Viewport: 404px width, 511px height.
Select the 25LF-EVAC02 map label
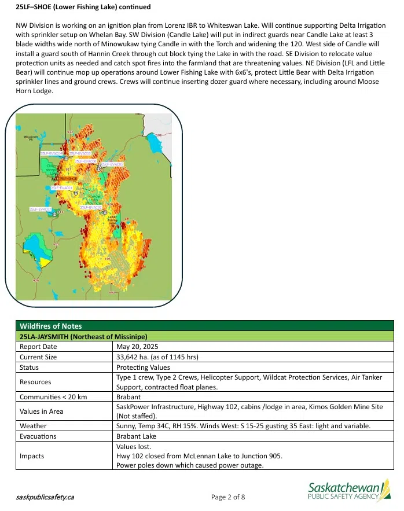point(41,208)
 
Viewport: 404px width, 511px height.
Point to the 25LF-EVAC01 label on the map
point(62,188)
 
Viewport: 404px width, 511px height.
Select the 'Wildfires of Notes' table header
point(51,326)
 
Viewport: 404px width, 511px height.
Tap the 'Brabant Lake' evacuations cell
point(136,436)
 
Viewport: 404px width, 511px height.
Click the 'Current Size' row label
point(38,357)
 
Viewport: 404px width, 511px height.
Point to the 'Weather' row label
point(33,426)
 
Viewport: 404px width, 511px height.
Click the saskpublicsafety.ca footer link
point(45,497)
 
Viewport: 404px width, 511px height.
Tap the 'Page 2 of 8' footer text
point(228,497)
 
